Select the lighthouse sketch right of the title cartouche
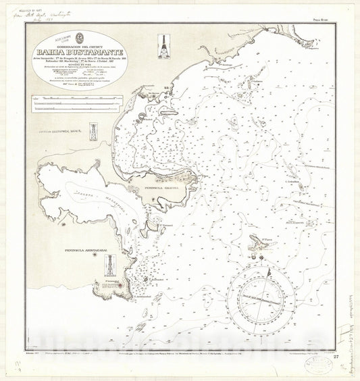pos(162,47)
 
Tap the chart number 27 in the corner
pos(335,356)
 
